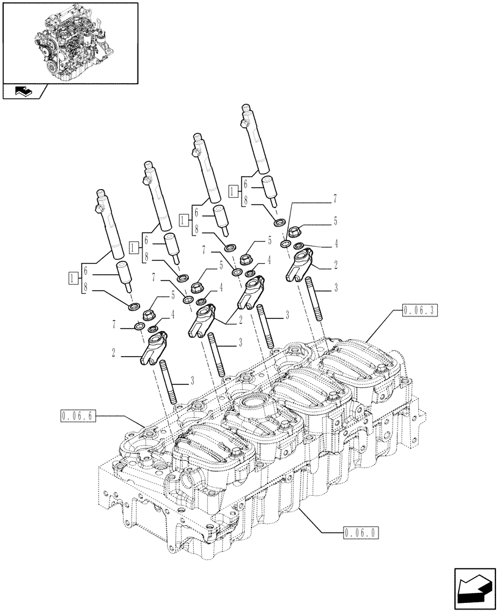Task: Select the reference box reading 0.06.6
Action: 78,417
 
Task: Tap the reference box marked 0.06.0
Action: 359,532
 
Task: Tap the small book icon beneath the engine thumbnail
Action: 23,92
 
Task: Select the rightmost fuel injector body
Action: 256,141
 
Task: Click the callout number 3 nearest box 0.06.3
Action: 335,288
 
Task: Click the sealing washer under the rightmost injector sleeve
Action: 279,222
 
